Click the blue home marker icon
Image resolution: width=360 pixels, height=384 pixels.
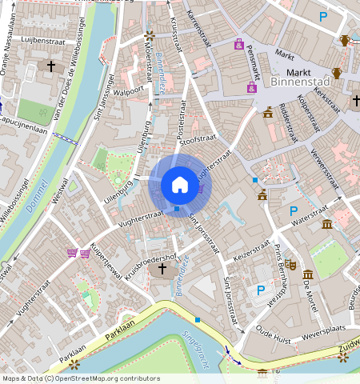click(180, 185)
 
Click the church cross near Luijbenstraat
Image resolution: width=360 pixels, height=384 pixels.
click(52, 66)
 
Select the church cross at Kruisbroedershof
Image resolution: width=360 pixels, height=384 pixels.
click(163, 270)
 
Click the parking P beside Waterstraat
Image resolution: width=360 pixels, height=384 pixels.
click(294, 210)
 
